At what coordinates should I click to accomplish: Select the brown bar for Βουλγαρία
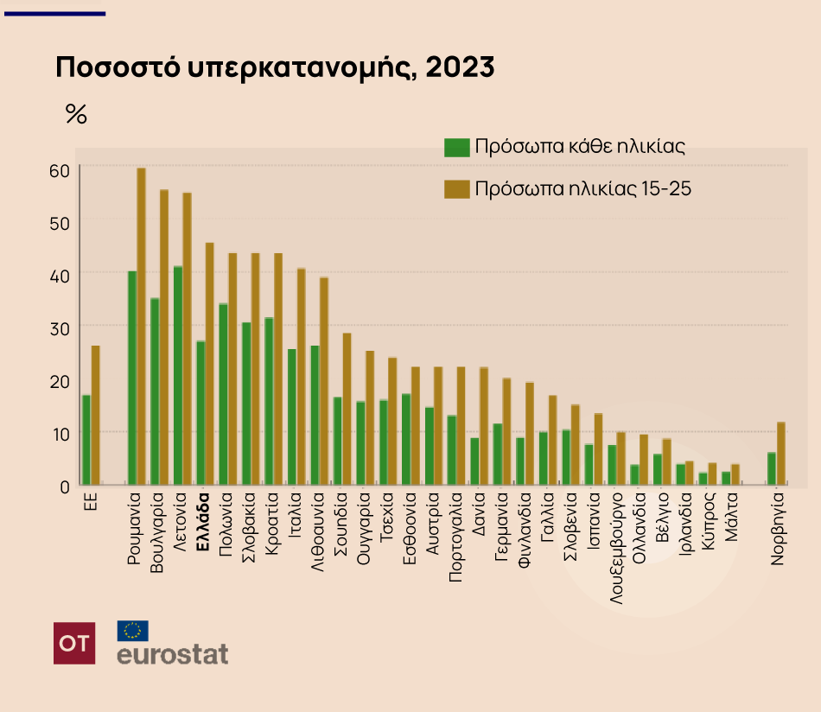[x=164, y=337]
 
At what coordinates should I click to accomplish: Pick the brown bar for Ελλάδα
[x=210, y=364]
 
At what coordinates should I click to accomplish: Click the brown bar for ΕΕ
[x=96, y=416]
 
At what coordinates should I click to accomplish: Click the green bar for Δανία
[x=475, y=461]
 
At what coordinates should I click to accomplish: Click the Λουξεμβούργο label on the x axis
[x=617, y=548]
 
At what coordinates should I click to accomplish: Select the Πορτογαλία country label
[x=456, y=537]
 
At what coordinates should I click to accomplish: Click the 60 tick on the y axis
[x=59, y=170]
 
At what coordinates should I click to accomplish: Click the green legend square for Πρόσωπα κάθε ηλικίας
[x=456, y=147]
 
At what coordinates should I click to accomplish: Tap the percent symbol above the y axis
[x=76, y=114]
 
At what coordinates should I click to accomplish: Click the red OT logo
[x=74, y=643]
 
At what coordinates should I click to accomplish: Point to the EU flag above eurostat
[x=132, y=631]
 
